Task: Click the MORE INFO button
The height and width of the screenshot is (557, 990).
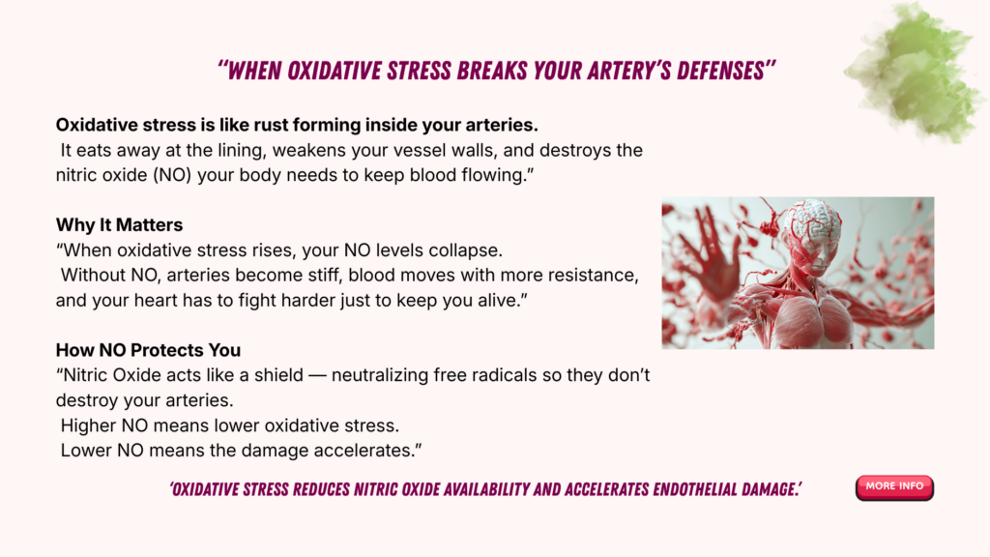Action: (x=894, y=487)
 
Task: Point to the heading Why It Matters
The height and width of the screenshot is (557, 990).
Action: (x=119, y=224)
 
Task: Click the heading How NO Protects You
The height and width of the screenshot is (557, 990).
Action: (x=148, y=350)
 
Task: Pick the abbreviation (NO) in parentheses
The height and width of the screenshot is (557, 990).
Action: (x=172, y=175)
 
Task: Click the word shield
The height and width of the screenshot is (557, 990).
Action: (x=278, y=375)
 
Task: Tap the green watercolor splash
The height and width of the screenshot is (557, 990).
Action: (x=915, y=73)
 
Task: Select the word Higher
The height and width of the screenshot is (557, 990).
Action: (x=88, y=425)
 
